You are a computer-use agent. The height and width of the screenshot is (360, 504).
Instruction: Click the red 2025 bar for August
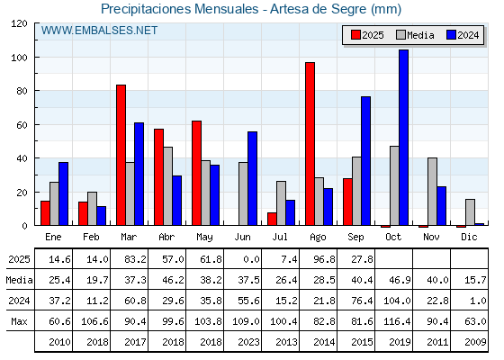coord(310,144)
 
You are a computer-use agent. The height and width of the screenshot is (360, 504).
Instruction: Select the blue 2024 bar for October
coord(403,138)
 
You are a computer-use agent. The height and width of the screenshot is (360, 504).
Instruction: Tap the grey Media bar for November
coord(432,192)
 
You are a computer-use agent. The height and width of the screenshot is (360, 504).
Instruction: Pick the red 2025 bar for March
coord(121,155)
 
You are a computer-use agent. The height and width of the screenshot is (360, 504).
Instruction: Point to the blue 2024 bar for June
coord(252,178)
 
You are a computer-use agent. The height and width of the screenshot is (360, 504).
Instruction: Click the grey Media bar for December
coord(470,212)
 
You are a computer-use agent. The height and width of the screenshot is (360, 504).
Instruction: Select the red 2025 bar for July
coord(272,219)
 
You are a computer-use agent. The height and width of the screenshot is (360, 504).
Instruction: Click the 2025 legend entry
coord(367,35)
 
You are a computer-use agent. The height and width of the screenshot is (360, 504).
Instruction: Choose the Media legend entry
coord(415,35)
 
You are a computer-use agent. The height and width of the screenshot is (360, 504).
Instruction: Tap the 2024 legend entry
coord(463,35)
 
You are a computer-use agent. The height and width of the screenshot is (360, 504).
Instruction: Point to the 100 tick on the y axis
coord(19,58)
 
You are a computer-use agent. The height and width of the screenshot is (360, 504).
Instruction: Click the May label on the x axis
coord(204,238)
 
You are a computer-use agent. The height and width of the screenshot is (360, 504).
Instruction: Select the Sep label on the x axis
coord(355,238)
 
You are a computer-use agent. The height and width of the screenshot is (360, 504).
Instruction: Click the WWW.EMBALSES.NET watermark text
coord(99,31)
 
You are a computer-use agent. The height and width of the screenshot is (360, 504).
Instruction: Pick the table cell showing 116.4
coord(397,321)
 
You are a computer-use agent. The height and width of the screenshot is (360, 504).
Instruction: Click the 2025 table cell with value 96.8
coord(324,259)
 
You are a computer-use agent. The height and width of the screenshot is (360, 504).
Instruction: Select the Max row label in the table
coord(19,321)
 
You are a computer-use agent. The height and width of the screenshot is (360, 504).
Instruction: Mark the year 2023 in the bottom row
coord(248,342)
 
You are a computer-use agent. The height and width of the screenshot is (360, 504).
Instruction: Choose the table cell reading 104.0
coord(397,301)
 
